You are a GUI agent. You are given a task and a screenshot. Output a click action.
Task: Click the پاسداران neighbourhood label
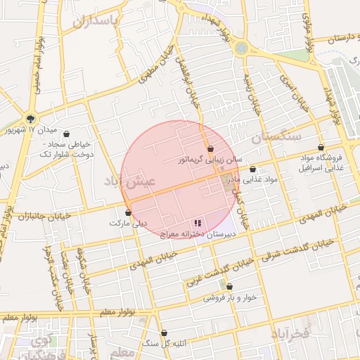(x=97, y=20)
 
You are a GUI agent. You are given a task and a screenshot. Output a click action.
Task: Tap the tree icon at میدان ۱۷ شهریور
(x=30, y=118)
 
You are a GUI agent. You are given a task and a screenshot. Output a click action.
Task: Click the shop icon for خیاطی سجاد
(x=67, y=134)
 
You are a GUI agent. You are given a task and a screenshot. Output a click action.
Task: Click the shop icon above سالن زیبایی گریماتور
(x=210, y=148)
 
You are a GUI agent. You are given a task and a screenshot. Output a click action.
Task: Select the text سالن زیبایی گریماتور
(x=210, y=160)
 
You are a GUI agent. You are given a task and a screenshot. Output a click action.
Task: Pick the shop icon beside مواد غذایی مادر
(x=252, y=169)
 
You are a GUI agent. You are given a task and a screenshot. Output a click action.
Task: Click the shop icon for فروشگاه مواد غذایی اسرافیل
(x=321, y=148)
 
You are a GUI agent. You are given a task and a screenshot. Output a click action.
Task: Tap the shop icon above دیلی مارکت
(x=128, y=212)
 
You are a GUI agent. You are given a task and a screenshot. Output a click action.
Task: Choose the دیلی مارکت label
(x=128, y=223)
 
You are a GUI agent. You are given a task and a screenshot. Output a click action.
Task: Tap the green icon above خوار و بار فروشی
(x=230, y=285)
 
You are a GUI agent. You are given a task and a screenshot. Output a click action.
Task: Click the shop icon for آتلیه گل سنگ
(x=164, y=333)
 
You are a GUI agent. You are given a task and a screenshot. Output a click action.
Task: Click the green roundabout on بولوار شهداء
(x=242, y=48)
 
